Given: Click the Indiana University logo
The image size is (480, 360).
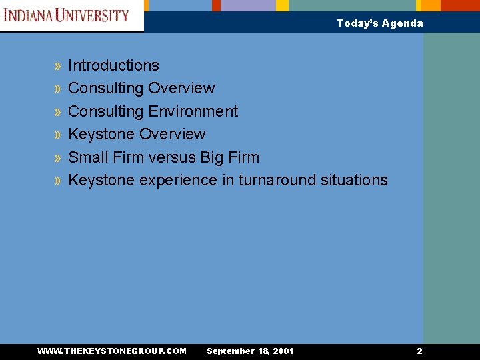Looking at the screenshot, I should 67,15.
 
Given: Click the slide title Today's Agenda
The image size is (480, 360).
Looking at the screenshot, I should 379,23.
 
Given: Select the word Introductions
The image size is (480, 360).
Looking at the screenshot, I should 113,65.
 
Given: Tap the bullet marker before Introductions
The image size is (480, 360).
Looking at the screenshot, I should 58,66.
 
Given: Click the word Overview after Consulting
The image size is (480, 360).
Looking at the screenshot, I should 181,88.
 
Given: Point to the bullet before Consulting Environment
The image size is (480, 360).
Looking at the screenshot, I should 58,112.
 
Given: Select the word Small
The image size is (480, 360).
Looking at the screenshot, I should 87,157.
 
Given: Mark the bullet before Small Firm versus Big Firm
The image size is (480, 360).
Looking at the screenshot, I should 58,158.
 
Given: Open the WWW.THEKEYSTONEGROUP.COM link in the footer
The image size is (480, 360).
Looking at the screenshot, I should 112,351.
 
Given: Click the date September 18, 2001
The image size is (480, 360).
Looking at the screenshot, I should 250,351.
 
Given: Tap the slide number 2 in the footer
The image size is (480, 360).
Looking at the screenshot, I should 419,351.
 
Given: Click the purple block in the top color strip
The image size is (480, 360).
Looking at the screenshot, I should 248,5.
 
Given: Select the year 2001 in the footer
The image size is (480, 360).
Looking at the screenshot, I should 282,351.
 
